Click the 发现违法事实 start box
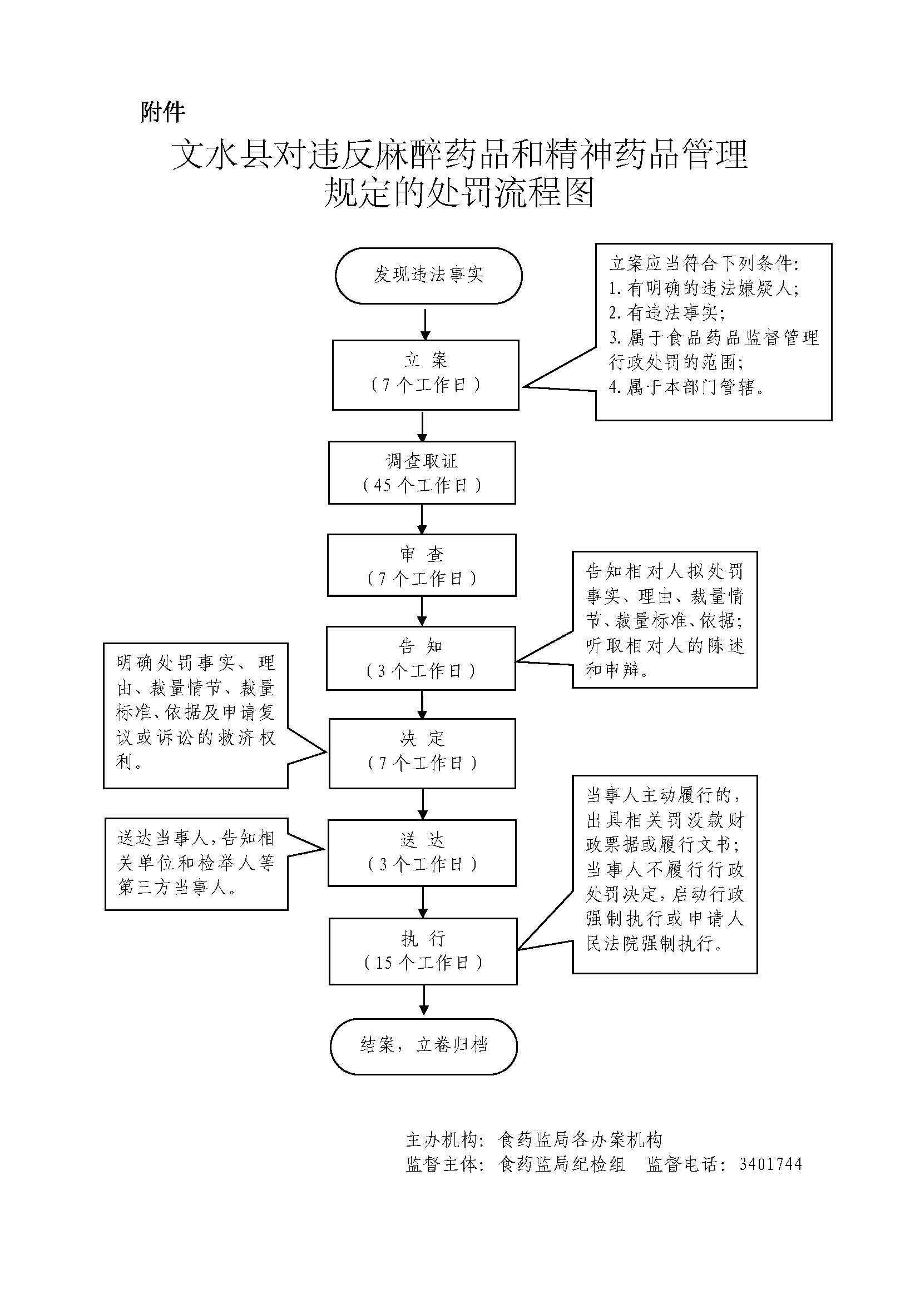click(428, 276)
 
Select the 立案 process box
click(426, 375)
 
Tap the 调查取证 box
click(422, 473)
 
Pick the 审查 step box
click(422, 565)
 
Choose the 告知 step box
click(421, 658)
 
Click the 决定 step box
click(422, 753)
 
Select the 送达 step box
click(422, 853)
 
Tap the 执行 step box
click(423, 951)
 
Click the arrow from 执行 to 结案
click(424, 1001)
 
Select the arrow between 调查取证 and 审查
click(422, 519)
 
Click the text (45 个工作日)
click(422, 485)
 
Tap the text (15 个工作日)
click(423, 963)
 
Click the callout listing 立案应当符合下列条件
click(713, 332)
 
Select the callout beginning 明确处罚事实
click(195, 715)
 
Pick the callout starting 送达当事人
click(196, 864)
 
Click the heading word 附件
click(162, 112)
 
